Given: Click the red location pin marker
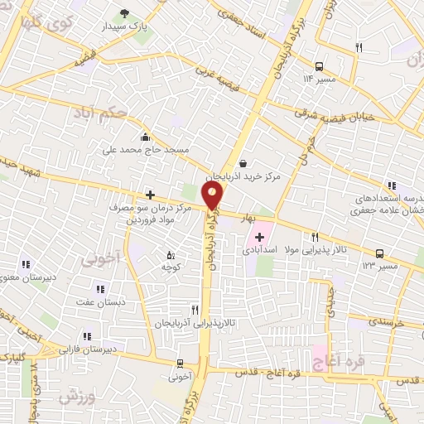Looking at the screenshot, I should [x=213, y=196].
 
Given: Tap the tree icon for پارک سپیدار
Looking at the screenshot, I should [x=125, y=12].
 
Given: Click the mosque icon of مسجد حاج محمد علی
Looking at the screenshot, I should [x=146, y=137].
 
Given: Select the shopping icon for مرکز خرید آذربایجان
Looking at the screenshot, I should [x=242, y=164].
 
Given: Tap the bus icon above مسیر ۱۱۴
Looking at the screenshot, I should [x=319, y=66].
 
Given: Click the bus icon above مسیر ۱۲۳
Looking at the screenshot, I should [x=379, y=253].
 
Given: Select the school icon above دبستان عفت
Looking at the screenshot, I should [x=101, y=289].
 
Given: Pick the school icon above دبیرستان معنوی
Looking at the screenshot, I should [x=26, y=264].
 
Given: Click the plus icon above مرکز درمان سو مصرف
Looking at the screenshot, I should [x=150, y=195].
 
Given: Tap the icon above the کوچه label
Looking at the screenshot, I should [x=171, y=255].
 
